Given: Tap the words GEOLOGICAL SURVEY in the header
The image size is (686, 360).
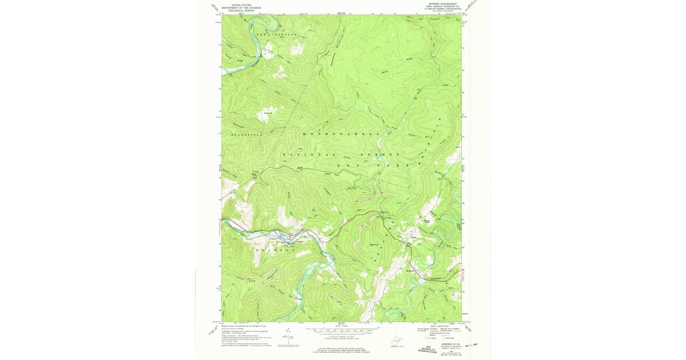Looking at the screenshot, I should click(241, 11).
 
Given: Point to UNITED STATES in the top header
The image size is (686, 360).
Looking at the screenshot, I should click(241, 4).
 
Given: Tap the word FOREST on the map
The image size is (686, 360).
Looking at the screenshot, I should click(380, 155).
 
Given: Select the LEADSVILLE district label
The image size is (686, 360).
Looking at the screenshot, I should click(246, 134).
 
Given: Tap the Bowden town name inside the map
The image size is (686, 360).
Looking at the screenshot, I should click(409, 270).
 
